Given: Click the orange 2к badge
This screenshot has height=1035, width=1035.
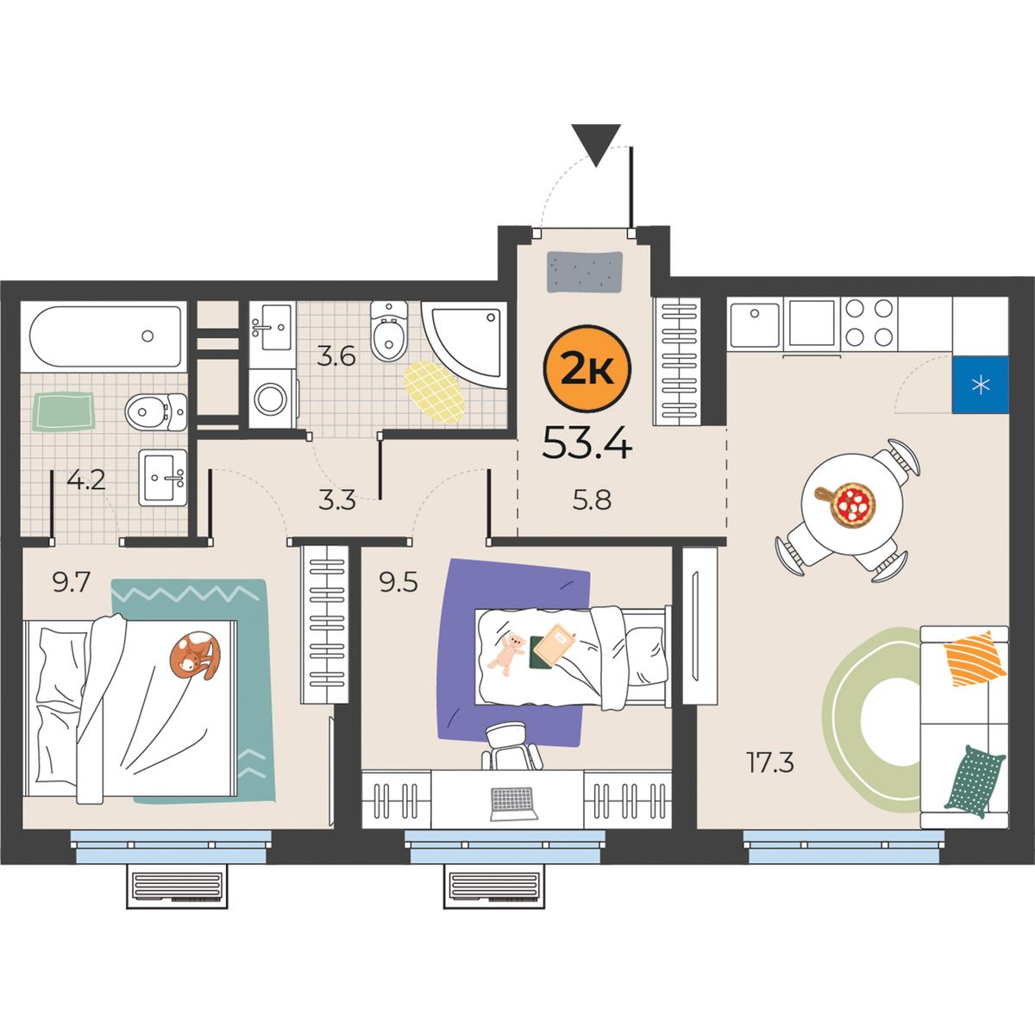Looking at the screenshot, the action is [587, 368].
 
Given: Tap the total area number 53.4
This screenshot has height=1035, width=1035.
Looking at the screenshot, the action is [587, 443].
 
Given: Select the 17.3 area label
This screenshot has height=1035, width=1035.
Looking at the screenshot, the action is [769, 762].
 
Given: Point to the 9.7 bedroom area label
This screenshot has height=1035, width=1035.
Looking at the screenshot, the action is [71, 582].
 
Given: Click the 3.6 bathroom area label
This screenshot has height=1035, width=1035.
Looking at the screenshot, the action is [336, 355].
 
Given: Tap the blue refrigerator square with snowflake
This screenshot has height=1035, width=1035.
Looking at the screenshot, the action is [980, 385].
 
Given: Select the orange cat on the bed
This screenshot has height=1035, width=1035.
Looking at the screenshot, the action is [195, 655].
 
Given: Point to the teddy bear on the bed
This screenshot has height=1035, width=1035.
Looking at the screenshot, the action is [506, 654].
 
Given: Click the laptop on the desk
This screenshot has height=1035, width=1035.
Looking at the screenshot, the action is [514, 804].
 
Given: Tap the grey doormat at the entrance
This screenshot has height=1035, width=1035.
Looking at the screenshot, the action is [585, 273].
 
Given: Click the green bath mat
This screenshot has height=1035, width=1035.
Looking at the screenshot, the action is [63, 411].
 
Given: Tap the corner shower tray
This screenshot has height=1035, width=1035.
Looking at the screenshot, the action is [464, 344].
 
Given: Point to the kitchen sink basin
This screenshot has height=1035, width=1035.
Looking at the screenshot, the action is [754, 324].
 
